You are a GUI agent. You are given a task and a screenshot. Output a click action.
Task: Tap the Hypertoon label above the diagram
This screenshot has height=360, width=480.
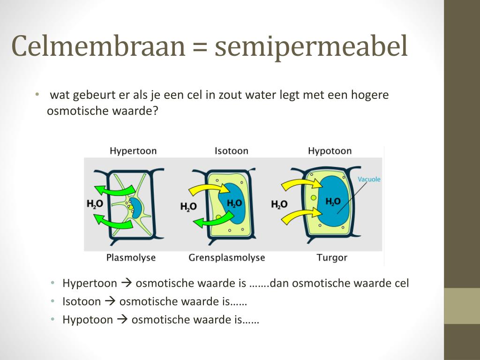point(133,151)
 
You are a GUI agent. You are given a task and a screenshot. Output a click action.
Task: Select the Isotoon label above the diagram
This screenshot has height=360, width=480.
point(231,151)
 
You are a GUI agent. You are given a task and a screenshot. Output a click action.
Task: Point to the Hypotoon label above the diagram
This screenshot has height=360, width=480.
point(330,151)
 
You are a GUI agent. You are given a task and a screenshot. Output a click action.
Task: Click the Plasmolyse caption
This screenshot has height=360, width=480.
point(131,257)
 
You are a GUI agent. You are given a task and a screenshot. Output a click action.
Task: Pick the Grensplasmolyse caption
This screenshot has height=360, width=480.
point(226,258)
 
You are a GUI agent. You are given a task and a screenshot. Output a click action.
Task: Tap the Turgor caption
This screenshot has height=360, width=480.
point(332,257)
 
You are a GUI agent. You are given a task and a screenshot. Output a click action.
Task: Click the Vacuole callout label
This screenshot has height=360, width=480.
point(369,179)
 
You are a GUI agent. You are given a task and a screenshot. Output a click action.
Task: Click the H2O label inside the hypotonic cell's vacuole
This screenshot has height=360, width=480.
point(333,202)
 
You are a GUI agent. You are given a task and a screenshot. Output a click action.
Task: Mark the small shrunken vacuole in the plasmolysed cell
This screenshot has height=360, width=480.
point(136,207)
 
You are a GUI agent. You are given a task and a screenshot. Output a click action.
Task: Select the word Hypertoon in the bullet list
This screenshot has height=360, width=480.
point(90,283)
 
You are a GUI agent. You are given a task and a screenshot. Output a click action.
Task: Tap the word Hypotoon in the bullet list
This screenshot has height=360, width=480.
point(88,320)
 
